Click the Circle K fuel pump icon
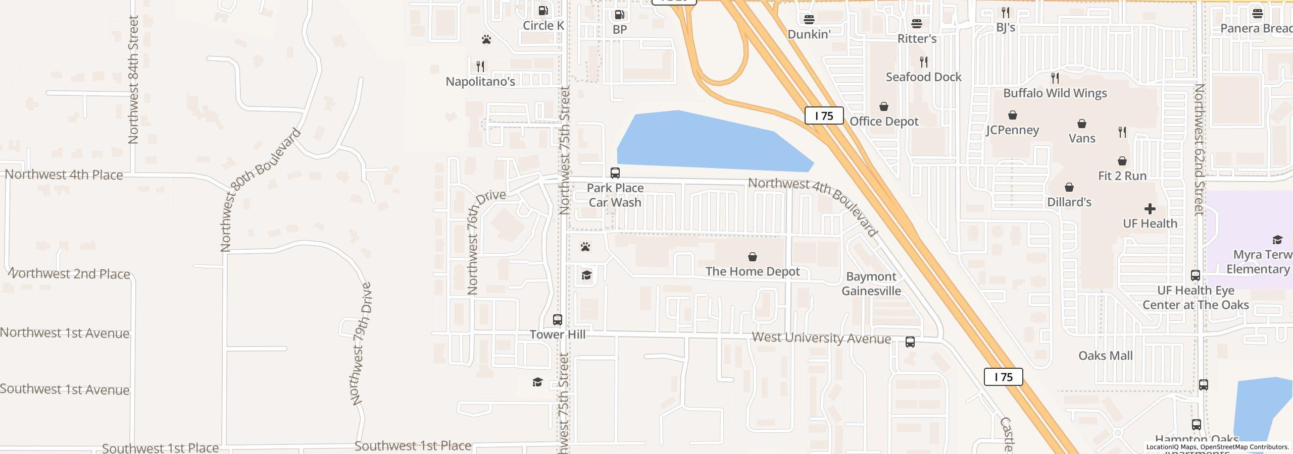point(543,11)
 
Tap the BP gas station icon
point(619,15)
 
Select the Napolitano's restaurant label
point(480,81)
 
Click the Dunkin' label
point(809,34)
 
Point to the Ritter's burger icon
point(917,24)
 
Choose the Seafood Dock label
point(923,77)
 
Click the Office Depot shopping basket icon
point(884,107)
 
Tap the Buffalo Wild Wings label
point(1055,93)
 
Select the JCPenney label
point(1012,130)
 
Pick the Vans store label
point(1082,138)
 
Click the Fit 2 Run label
point(1122,176)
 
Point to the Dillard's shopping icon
point(1069,188)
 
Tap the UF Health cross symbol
point(1150,209)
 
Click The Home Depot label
point(753,271)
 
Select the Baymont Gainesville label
point(871,283)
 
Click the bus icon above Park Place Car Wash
point(615,173)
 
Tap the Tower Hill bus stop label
point(558,334)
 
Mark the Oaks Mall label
point(1105,356)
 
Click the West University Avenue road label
point(821,338)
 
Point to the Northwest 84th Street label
point(133,80)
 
